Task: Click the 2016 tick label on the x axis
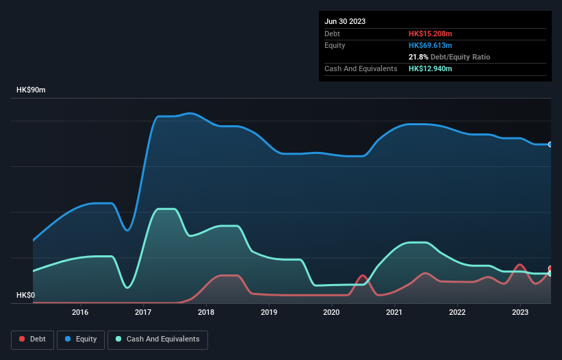tap(81, 313)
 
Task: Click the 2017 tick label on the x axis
tap(143, 313)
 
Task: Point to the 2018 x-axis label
tap(206, 313)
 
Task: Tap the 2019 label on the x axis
tap(269, 313)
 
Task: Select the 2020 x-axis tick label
tap(331, 313)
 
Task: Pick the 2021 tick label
tap(394, 313)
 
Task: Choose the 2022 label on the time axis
tap(457, 313)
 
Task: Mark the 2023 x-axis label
tap(520, 313)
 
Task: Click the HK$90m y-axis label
tap(31, 90)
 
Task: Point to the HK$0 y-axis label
tap(26, 296)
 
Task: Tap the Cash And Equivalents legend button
tap(157, 339)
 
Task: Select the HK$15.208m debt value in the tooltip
tap(431, 34)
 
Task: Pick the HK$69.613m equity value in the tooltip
tap(431, 45)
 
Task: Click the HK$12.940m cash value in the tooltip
tap(431, 68)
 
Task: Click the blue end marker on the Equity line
tap(550, 144)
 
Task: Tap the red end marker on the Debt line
tap(550, 269)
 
